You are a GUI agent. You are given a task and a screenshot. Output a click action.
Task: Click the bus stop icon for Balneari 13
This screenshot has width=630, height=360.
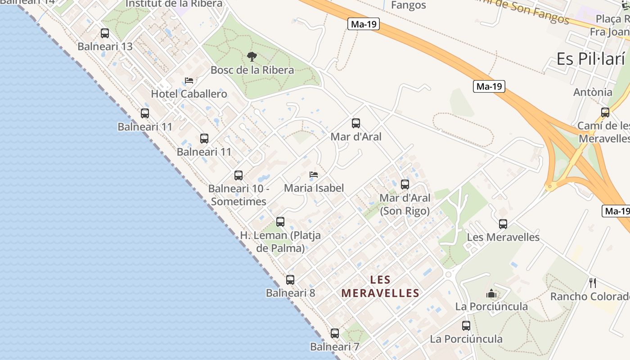[105, 33]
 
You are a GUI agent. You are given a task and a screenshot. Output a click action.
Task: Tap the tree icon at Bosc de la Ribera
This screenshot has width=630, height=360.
[252, 57]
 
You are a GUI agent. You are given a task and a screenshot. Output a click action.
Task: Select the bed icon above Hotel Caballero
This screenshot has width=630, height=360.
[189, 81]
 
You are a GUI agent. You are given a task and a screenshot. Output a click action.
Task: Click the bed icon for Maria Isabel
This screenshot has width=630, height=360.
[314, 175]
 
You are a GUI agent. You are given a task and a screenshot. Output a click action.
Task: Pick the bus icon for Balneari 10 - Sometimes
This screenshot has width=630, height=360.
[238, 175]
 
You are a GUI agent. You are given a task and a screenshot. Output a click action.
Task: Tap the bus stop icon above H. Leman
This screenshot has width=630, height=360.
[280, 222]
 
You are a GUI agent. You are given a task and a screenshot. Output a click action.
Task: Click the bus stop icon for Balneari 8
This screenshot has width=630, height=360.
[290, 280]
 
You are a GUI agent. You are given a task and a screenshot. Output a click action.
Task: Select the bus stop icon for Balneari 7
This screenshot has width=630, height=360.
[335, 333]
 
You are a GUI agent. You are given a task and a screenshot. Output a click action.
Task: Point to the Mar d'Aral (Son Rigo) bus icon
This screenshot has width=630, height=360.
[405, 184]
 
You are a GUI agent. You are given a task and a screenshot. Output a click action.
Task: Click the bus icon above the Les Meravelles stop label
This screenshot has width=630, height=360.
[503, 224]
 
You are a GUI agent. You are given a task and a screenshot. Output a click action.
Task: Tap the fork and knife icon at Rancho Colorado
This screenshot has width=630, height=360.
[593, 283]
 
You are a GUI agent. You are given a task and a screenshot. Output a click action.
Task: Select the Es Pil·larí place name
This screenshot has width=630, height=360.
[591, 59]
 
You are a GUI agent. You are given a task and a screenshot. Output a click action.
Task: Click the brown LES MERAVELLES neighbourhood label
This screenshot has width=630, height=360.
[380, 287]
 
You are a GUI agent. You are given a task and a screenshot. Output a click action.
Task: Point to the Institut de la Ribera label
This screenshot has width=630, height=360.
[174, 4]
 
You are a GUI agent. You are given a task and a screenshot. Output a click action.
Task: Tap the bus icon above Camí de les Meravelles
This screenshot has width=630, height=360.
[605, 112]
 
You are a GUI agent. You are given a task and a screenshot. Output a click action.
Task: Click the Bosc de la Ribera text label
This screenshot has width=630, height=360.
[252, 70]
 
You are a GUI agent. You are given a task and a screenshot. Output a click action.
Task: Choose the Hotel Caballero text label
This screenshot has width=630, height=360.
[189, 94]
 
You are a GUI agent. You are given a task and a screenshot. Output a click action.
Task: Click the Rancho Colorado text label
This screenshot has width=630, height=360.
[590, 297]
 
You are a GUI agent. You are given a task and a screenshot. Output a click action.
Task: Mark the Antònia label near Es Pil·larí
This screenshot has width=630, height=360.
[593, 92]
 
